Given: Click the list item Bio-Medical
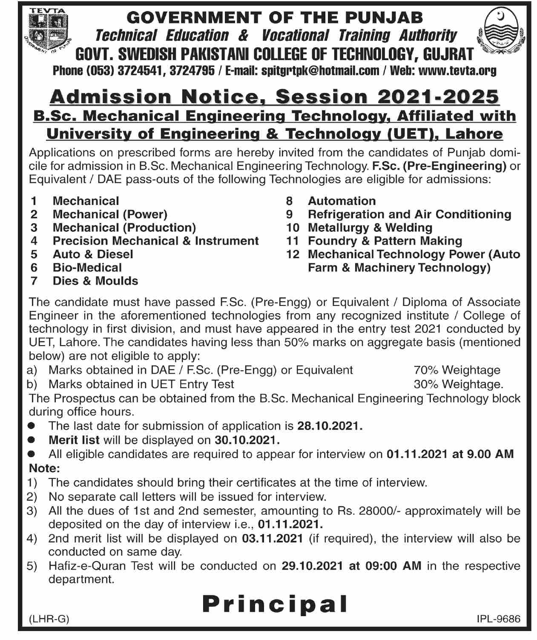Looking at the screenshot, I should (x=87, y=268).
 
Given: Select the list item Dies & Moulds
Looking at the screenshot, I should (x=95, y=281).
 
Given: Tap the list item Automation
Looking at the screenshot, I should (x=342, y=201).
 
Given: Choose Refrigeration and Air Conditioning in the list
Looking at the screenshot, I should (x=409, y=214).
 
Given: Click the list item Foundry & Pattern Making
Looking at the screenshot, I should (x=385, y=241).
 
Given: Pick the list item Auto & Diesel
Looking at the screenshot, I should (x=93, y=254).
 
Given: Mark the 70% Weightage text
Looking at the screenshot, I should (x=457, y=370).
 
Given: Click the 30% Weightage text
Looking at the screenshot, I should (x=458, y=384).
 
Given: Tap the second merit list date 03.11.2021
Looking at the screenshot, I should (x=273, y=538).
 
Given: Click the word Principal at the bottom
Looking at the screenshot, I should (x=275, y=603).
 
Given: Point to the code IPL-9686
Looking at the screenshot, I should (x=499, y=619).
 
